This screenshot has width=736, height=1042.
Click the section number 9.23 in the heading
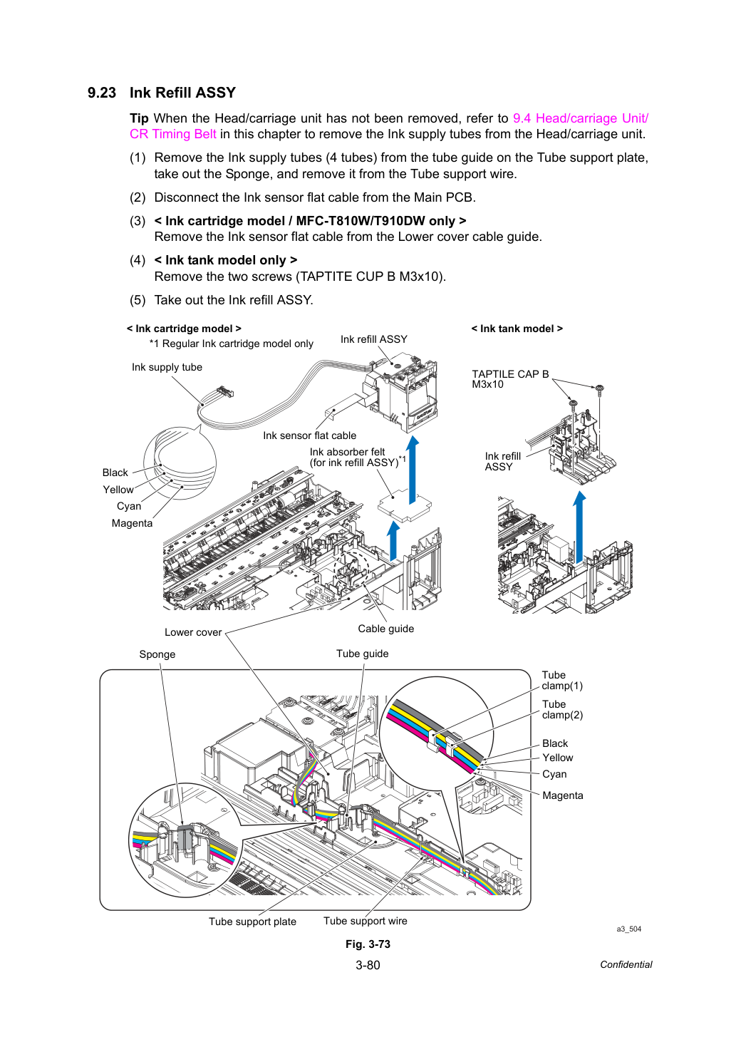tap(102, 93)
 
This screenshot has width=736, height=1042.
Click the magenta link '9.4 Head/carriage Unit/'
tap(580, 118)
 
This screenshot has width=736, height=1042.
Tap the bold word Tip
tap(139, 118)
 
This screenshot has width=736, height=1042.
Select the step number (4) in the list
tap(138, 260)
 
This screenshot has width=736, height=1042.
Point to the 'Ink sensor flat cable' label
tap(310, 435)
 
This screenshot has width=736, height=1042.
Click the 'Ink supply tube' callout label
tap(167, 367)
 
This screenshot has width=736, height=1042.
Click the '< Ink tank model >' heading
tap(517, 329)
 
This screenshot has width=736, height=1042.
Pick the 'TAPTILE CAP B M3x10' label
tap(510, 379)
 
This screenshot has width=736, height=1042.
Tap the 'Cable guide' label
tap(386, 629)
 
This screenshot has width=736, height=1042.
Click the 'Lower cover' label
tap(193, 632)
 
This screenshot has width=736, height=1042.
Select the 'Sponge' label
tap(157, 654)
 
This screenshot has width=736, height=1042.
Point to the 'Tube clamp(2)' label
tap(562, 709)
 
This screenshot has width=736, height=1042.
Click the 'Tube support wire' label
tap(365, 921)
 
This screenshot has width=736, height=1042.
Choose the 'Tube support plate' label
tap(252, 922)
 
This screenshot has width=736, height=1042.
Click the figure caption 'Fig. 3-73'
tap(368, 944)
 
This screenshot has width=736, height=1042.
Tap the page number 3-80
tap(368, 965)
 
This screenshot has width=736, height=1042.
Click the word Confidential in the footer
tap(626, 964)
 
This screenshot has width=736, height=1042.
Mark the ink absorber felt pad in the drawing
tap(404, 505)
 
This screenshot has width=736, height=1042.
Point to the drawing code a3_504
tap(628, 929)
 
